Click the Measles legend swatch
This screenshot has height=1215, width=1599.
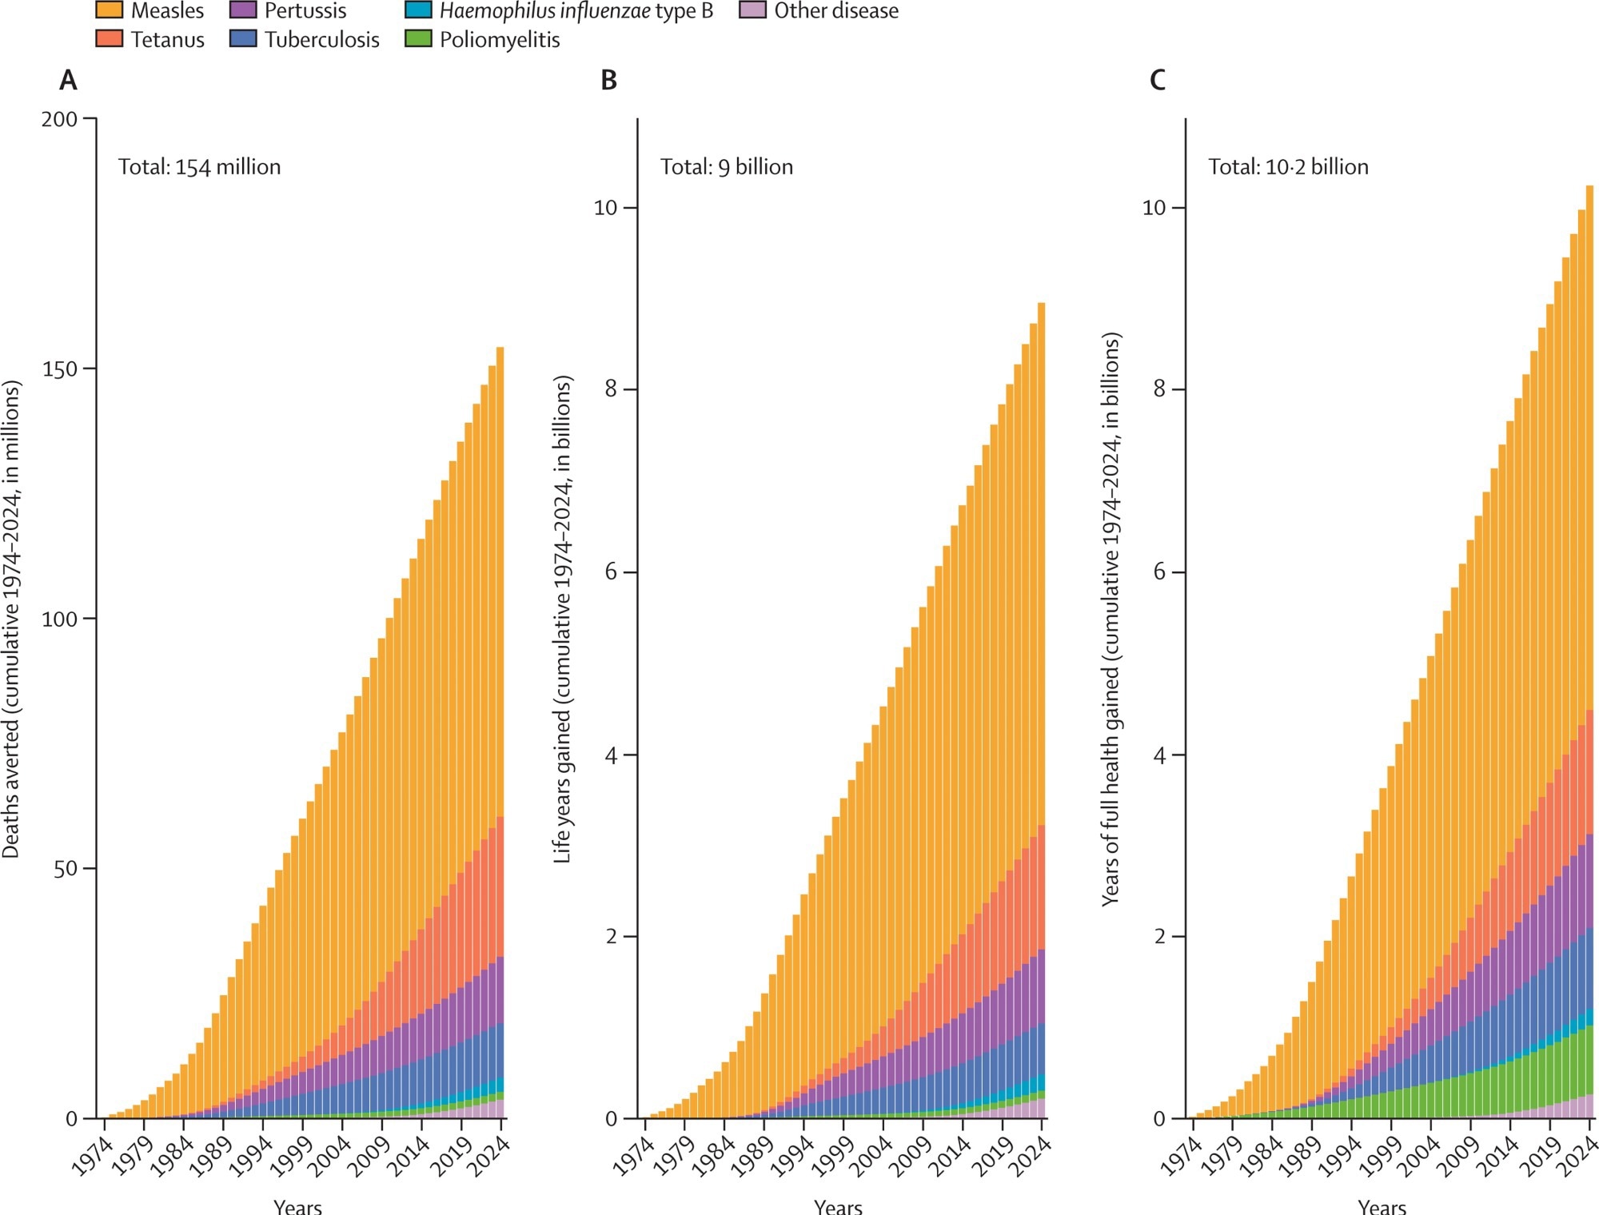pos(109,10)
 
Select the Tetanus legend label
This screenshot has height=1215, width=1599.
pos(167,39)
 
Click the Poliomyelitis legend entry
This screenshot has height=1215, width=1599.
pos(499,39)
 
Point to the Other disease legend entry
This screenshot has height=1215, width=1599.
pos(835,10)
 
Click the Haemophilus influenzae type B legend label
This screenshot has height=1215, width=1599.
pos(576,10)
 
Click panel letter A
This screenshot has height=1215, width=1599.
pos(68,81)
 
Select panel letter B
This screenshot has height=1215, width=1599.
pos(608,81)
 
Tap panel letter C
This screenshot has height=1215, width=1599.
pos(1157,81)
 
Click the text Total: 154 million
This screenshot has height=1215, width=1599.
pos(200,167)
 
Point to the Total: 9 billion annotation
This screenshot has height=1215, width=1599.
pos(726,167)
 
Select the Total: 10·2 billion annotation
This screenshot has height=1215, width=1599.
pos(1288,167)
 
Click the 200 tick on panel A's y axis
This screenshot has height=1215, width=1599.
pos(59,119)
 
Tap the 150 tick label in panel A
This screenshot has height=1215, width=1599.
pos(59,368)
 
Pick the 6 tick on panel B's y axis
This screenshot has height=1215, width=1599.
pos(611,572)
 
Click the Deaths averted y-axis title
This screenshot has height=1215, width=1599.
pos(10,619)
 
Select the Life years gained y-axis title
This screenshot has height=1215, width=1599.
pos(563,619)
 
